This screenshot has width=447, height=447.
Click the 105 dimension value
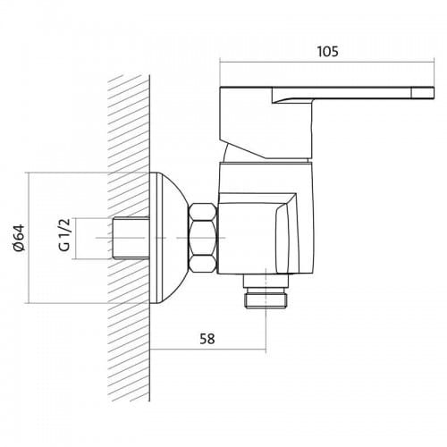click(327, 52)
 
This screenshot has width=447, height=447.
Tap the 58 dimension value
click(207, 339)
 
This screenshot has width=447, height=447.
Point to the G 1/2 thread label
click(64, 235)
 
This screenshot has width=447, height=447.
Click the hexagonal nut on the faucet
click(203, 238)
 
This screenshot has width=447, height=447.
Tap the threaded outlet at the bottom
click(266, 300)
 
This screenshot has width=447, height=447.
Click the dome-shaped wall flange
click(168, 238)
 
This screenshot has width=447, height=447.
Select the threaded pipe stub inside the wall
click(131, 238)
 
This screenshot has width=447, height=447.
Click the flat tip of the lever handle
click(423, 92)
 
